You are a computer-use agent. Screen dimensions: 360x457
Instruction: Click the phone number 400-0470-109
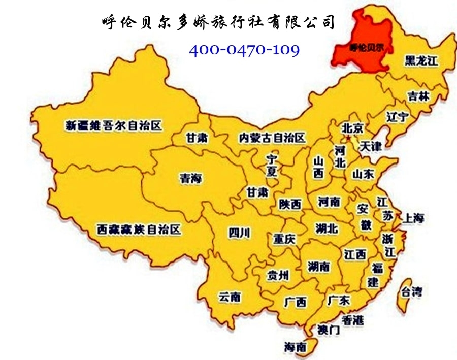244,50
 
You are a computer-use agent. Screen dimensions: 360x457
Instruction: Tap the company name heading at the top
218,22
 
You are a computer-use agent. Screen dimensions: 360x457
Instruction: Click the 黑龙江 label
421,61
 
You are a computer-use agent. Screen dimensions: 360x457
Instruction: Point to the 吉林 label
418,96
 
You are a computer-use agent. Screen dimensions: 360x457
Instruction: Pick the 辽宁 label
397,117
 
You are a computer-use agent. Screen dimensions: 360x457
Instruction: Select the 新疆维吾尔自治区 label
113,125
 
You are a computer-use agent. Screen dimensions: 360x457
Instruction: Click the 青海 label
190,178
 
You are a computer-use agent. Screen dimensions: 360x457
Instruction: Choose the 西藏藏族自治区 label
139,230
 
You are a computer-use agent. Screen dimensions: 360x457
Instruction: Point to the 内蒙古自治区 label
273,138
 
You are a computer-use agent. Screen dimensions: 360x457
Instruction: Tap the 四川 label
239,233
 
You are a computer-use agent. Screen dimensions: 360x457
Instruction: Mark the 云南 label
230,297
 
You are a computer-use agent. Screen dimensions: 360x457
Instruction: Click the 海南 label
295,347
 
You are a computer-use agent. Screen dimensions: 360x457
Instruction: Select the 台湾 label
411,292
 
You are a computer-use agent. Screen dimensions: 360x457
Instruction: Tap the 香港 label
352,320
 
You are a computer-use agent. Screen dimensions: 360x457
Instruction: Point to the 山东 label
363,174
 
